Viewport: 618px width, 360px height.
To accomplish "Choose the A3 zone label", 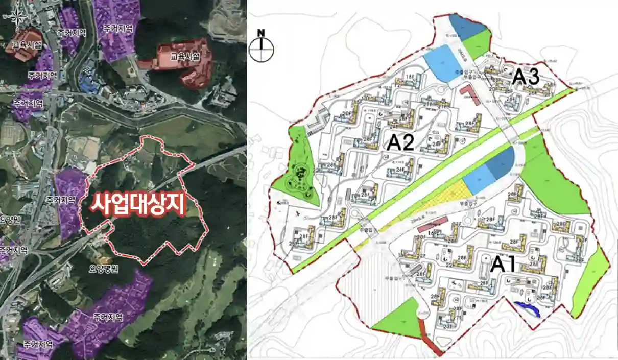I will pyautogui.click(x=526, y=77).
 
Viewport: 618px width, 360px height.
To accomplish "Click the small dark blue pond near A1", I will pyautogui.click(x=528, y=309).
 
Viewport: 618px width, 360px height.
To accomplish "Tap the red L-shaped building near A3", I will pyautogui.click(x=469, y=94).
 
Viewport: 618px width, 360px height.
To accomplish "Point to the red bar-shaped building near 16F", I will pyautogui.click(x=433, y=223).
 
